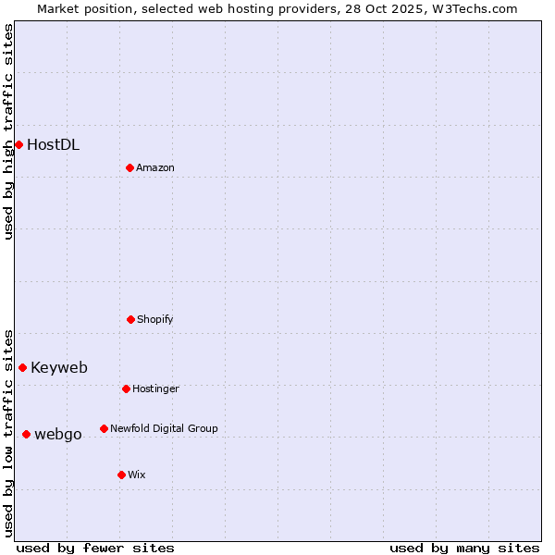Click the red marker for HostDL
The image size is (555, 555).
click(18, 144)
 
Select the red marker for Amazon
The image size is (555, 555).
click(129, 167)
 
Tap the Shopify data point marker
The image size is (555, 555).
click(130, 319)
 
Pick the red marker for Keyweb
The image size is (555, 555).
click(22, 367)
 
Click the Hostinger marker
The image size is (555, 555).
click(126, 388)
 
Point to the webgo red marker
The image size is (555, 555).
click(26, 434)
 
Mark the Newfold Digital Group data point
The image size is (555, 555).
click(104, 428)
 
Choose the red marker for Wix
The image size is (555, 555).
click(121, 475)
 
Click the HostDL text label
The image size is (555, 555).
click(53, 144)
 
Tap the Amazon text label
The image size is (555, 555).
click(155, 167)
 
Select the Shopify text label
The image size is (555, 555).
click(155, 319)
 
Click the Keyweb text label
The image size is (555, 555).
click(59, 367)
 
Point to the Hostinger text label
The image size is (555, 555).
click(155, 388)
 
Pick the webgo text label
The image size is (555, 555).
click(58, 434)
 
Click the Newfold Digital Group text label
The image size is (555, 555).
click(164, 428)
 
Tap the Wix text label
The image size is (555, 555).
click(137, 475)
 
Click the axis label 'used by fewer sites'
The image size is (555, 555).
click(95, 548)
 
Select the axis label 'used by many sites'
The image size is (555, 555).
click(464, 548)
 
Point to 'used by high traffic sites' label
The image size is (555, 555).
click(8, 131)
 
